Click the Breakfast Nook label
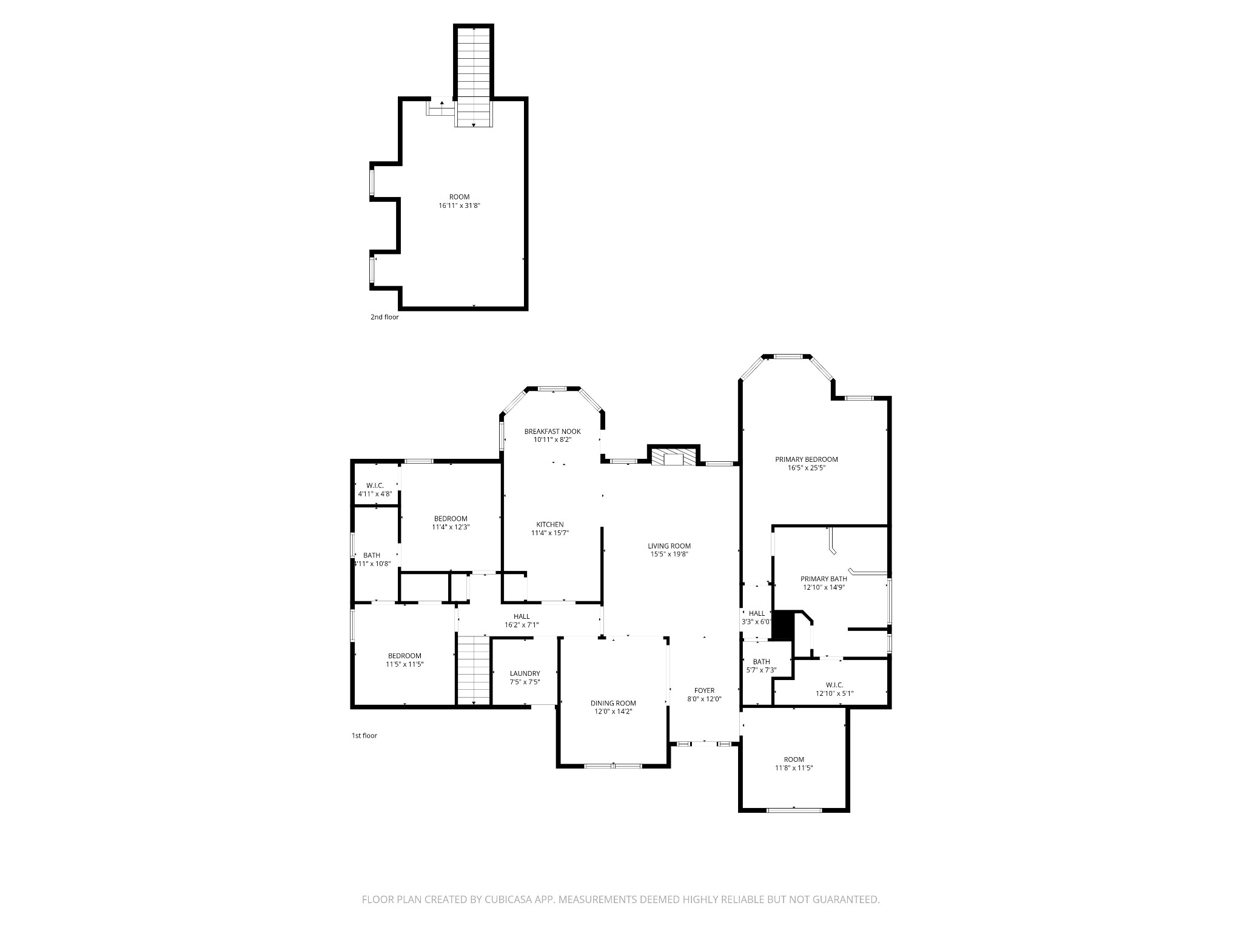click(552, 432)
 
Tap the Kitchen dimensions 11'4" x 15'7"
click(550, 533)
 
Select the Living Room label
click(670, 546)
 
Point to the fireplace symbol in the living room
click(674, 456)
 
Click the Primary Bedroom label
click(807, 459)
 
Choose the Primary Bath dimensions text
click(824, 587)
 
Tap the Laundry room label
click(525, 673)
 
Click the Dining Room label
click(614, 703)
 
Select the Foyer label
click(705, 690)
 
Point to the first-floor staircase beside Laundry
click(474, 670)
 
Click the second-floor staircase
click(474, 77)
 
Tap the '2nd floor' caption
click(385, 317)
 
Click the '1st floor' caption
click(364, 736)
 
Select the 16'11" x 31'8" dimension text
click(460, 205)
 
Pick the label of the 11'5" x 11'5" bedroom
click(404, 656)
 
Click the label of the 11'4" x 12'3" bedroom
click(451, 518)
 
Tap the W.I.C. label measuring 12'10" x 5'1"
click(834, 685)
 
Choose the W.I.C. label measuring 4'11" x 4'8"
click(375, 486)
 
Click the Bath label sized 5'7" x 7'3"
click(762, 661)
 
